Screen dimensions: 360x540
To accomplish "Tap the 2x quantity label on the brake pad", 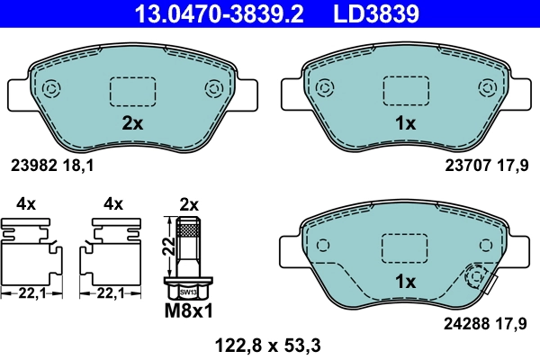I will point(132,124).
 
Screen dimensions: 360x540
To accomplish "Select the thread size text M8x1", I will point(188,311).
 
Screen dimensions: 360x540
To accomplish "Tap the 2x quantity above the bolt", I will point(188,204).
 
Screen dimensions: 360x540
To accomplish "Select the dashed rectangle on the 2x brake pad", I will point(132,91).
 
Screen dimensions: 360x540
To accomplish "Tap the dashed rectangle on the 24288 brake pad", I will point(406,248).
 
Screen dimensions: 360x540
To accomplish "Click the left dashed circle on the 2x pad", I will point(50,88).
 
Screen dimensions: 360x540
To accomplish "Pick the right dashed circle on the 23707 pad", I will point(487,88).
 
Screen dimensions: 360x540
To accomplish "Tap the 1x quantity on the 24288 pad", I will point(406,282).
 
